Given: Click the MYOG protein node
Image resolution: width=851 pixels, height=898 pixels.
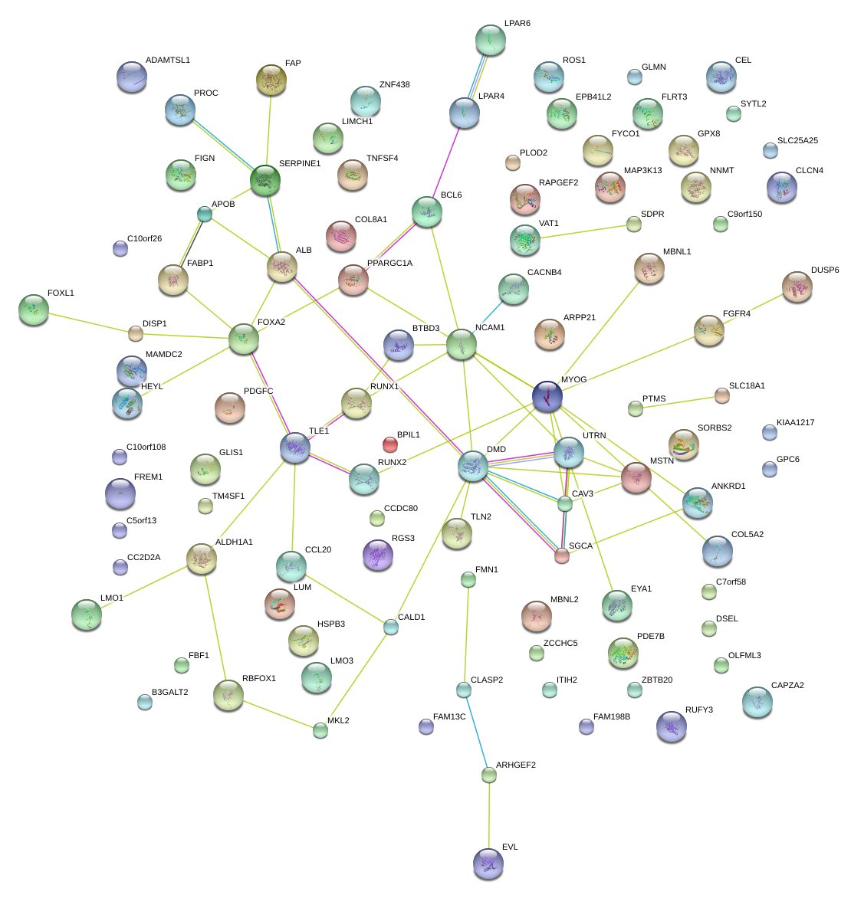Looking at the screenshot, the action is point(547,395).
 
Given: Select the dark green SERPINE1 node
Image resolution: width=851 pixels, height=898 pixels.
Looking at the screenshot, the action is point(265,180).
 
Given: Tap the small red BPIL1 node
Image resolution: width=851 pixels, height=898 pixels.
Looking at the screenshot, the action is point(390,444).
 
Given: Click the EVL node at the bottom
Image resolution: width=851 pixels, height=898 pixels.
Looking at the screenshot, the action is point(488,863).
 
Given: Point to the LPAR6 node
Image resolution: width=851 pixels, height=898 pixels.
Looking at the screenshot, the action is point(491,40).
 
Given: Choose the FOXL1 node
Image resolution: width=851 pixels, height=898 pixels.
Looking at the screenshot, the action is point(33,309).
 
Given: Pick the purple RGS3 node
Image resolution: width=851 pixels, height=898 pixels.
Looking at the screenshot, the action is point(377,555).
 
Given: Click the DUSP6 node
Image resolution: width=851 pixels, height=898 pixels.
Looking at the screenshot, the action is point(797,287).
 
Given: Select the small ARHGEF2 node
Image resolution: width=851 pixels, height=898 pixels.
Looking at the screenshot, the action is point(489,775).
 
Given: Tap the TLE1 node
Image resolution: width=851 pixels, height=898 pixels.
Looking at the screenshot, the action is point(295,447).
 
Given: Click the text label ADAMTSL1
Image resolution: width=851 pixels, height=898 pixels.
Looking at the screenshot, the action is point(167,60).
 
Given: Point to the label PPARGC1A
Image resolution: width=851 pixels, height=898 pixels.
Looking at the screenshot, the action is point(389,264).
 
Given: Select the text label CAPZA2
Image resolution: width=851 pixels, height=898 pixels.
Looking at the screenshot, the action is point(787,685).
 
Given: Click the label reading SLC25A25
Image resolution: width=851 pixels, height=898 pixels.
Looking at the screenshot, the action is point(797,141).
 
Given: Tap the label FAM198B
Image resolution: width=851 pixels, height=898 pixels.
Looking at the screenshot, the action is point(612,717).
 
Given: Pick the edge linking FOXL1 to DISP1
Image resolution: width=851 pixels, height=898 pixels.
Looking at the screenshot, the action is point(84,321).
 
